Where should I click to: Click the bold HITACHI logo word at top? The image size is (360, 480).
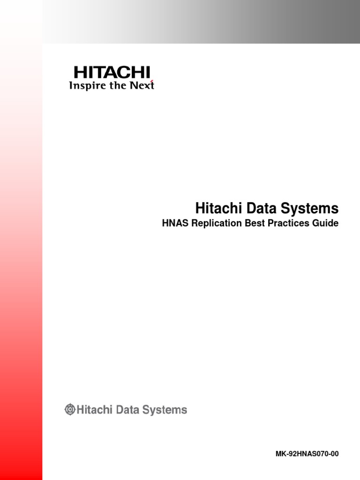[112, 73]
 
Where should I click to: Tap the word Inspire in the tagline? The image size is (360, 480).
[85, 86]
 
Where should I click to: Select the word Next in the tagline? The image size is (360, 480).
[142, 86]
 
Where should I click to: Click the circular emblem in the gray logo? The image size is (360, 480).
[70, 410]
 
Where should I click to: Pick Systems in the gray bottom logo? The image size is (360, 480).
[165, 410]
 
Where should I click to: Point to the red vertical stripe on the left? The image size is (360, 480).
[21, 281]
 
